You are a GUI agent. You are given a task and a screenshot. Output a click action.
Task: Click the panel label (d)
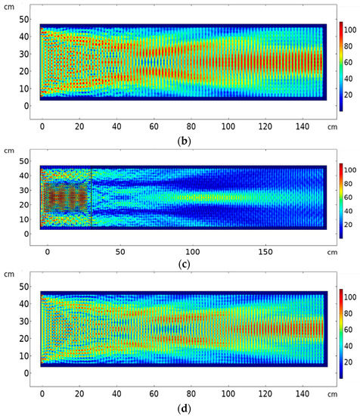(182, 409)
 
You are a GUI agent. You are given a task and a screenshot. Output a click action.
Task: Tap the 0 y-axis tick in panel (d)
(28, 373)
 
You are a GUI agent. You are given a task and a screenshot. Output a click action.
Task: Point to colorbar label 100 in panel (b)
(351, 31)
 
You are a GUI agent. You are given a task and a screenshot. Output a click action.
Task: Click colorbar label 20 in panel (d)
(351, 365)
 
